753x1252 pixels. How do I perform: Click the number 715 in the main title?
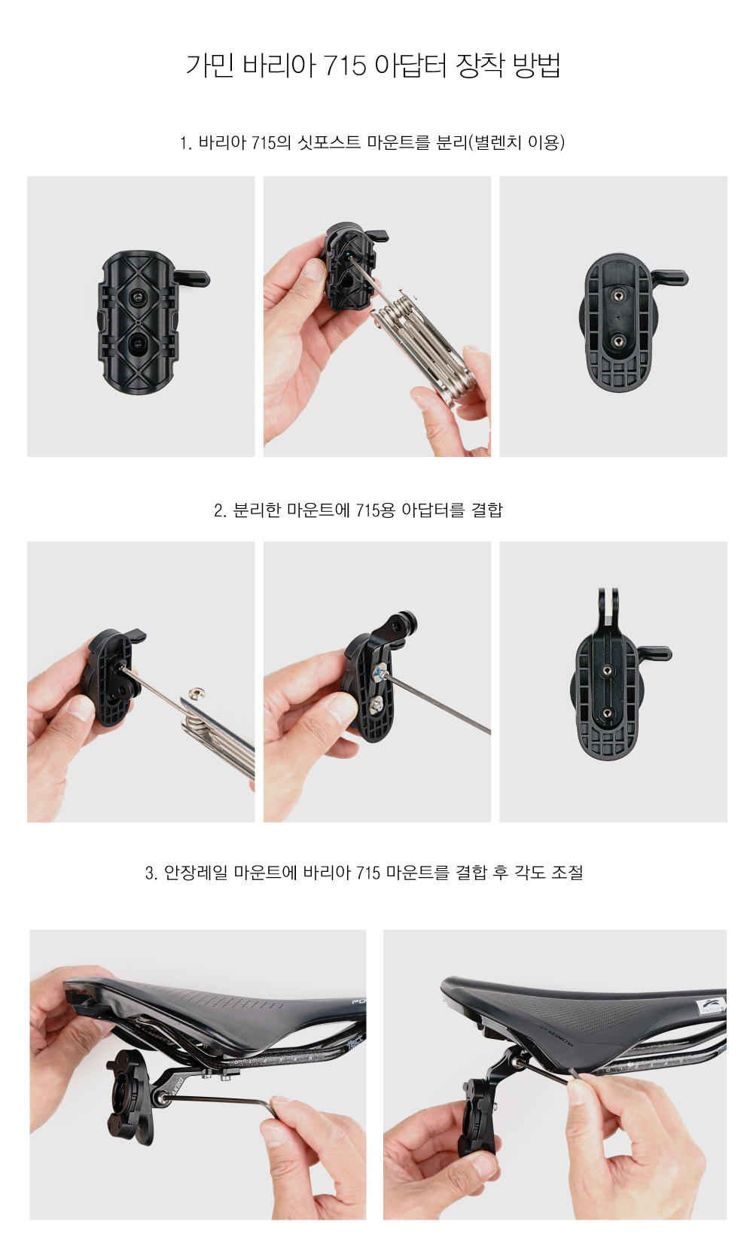pos(345,65)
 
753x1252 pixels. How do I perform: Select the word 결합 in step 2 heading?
pos(487,510)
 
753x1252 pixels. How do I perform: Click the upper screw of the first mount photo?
pos(138,298)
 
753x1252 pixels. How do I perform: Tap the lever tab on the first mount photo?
pos(191,277)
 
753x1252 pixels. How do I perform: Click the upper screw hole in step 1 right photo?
pos(618,295)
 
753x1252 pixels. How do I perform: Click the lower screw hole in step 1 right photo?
pos(617,340)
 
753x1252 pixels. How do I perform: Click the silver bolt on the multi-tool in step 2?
pos(197,694)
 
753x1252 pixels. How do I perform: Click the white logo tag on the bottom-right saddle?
pos(712,1006)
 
